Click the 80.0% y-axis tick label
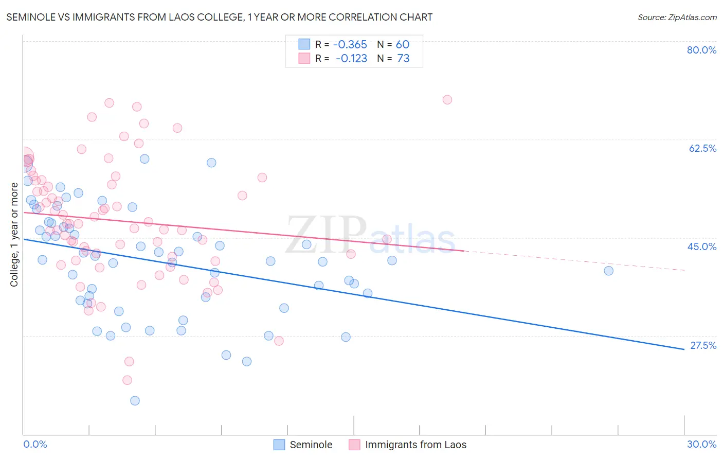701,50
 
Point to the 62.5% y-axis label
702,148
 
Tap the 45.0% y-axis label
702,246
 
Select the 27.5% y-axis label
703,345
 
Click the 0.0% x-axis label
35,444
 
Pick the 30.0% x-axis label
701,444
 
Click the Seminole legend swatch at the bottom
279,445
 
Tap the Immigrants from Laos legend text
415,445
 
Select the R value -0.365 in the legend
350,45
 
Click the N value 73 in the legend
403,59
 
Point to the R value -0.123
351,59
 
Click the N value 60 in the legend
402,45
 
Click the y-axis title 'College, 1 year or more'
14,235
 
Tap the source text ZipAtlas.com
677,17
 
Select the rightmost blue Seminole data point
608,271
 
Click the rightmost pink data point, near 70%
447,100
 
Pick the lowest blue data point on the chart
135,401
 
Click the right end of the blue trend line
683,349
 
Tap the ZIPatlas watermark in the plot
370,236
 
